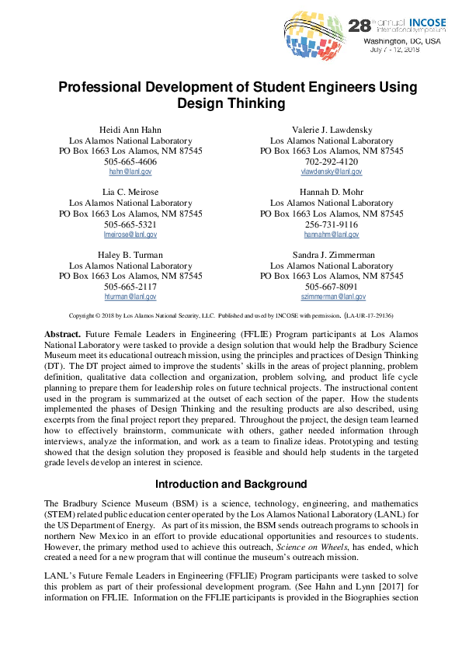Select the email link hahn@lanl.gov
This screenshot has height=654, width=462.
click(130, 171)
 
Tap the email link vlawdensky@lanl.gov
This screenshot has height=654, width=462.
click(332, 171)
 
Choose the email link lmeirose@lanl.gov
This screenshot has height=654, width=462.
click(130, 234)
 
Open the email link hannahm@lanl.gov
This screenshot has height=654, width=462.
click(332, 234)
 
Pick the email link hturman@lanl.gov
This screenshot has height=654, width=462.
click(130, 296)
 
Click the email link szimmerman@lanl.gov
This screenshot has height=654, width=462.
click(332, 296)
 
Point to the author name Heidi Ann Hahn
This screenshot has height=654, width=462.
click(130, 129)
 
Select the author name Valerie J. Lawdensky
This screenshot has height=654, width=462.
click(332, 129)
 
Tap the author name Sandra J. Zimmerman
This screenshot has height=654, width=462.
click(332, 254)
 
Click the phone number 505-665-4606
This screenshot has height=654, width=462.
click(130, 161)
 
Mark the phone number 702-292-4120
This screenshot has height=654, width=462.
click(332, 161)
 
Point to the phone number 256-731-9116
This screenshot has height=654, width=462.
click(332, 224)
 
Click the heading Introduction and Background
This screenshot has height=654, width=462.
click(231, 485)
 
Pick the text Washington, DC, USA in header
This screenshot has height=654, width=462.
click(403, 41)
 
